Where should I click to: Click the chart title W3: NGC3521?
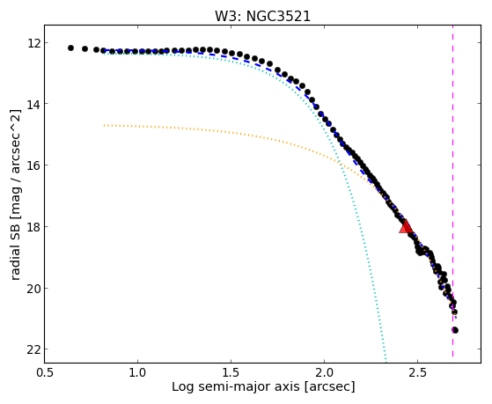click(262, 17)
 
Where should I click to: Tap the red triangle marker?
click(406, 226)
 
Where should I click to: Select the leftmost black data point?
click(70, 48)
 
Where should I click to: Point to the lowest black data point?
click(455, 330)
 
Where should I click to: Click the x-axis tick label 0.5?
click(44, 372)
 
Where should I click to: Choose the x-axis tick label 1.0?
click(137, 372)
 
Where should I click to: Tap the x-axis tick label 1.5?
click(231, 372)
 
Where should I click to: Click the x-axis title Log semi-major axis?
click(236, 386)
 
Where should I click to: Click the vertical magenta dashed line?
click(452, 191)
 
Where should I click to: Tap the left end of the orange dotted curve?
click(104, 125)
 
